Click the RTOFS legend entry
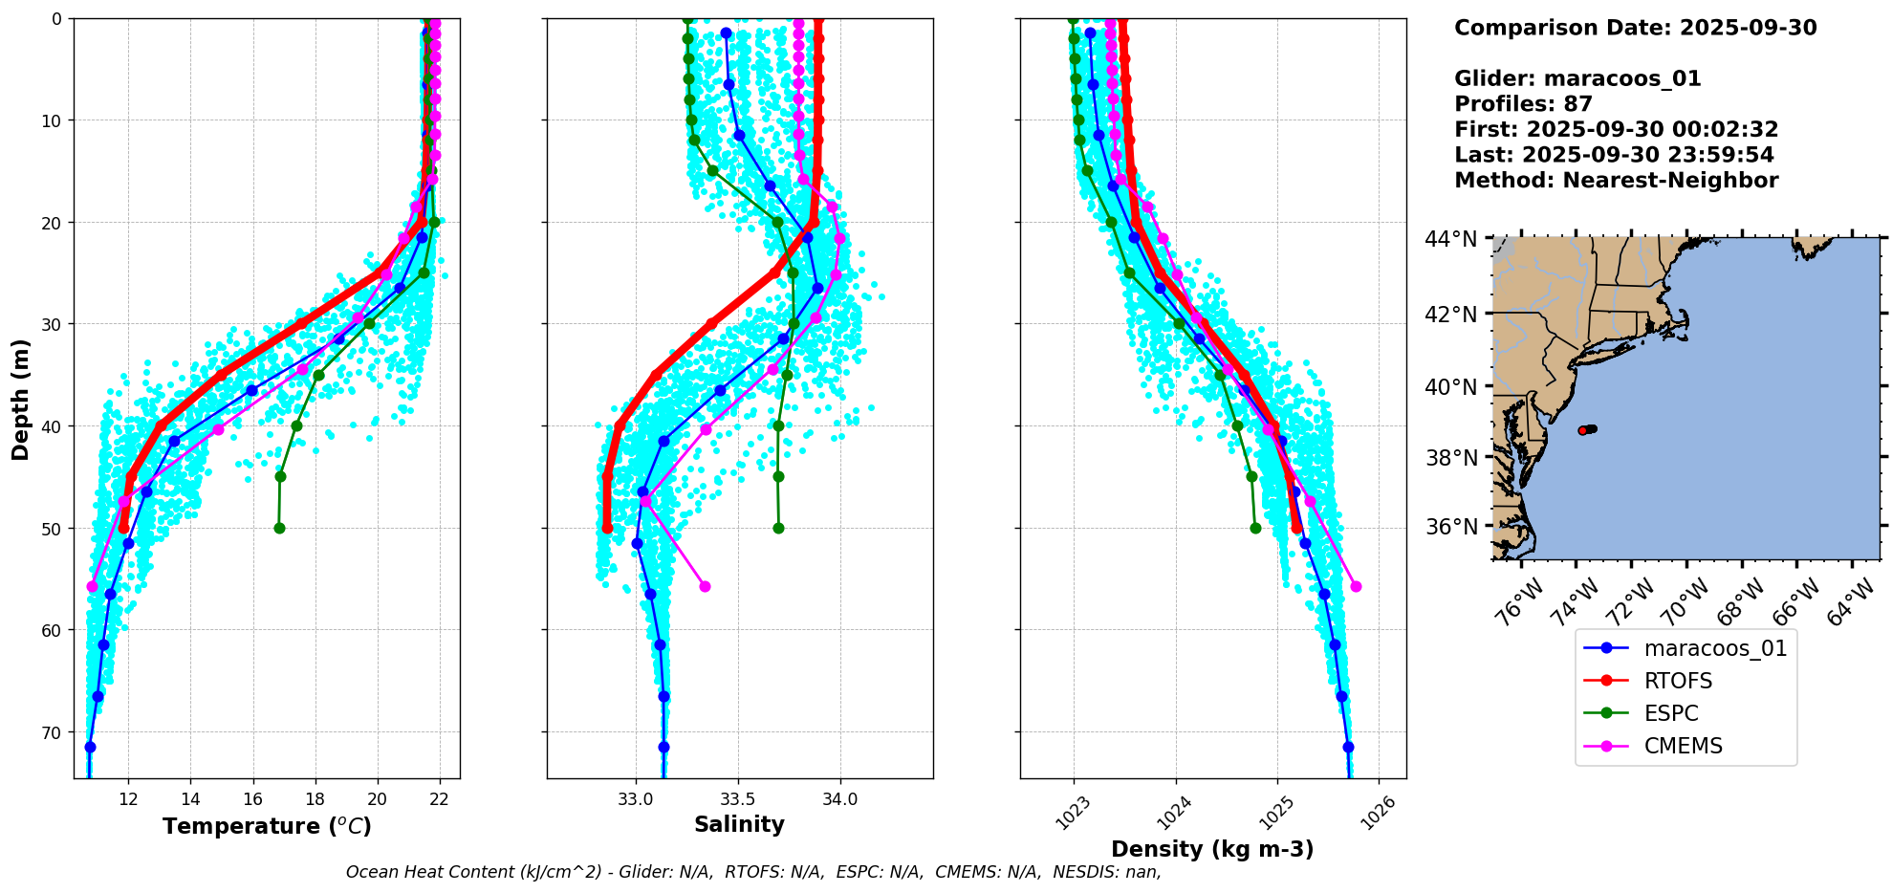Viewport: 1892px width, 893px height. coord(1678,681)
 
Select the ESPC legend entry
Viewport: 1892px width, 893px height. coord(1671,713)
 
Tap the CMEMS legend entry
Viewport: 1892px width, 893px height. coord(1683,746)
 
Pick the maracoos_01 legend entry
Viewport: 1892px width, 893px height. coord(1715,648)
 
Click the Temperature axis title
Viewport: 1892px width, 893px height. coord(267,826)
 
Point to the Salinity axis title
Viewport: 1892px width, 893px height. coord(739,824)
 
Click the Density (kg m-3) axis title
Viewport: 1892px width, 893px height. coord(1212,849)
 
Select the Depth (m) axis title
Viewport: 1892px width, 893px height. coord(21,399)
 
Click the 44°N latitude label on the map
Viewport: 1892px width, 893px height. coord(1451,239)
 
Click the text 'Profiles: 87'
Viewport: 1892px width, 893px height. coord(1523,104)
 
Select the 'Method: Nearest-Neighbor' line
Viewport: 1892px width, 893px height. coord(1616,181)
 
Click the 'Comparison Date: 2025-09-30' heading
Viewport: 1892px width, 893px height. coord(1635,28)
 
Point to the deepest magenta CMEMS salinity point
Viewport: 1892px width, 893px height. coord(705,586)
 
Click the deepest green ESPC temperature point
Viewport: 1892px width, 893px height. coord(279,528)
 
